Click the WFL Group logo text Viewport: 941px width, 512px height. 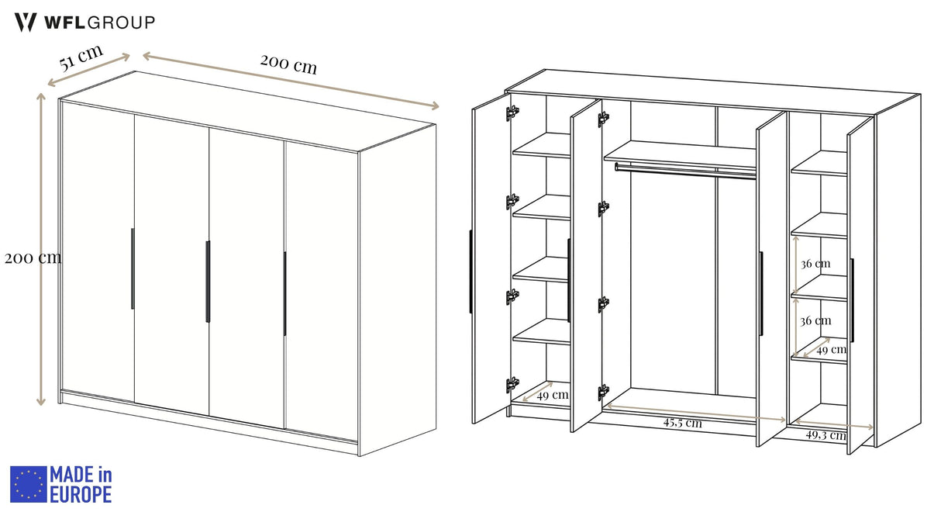(99, 22)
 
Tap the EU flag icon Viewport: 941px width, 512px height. (28, 484)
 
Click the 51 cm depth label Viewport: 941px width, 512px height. (81, 57)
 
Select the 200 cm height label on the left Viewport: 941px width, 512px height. (33, 258)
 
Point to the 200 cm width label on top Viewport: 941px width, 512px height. (288, 64)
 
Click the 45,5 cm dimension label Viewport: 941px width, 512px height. (682, 423)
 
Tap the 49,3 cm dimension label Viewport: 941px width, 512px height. (826, 434)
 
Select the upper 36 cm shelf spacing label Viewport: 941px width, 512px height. (815, 264)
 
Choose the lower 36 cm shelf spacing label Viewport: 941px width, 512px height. (815, 320)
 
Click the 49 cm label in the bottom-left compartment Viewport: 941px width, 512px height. (553, 395)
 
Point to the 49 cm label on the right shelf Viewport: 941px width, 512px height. (832, 349)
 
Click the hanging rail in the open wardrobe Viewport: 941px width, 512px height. (685, 171)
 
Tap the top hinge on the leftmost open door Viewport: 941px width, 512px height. (512, 112)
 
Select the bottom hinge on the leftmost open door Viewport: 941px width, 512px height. (512, 385)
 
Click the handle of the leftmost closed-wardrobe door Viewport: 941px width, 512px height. (133, 268)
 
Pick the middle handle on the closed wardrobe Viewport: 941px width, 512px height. (208, 282)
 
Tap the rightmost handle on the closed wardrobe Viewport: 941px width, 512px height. (284, 294)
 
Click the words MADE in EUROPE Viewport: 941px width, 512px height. (81, 484)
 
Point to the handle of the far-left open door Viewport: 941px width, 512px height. (470, 272)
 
